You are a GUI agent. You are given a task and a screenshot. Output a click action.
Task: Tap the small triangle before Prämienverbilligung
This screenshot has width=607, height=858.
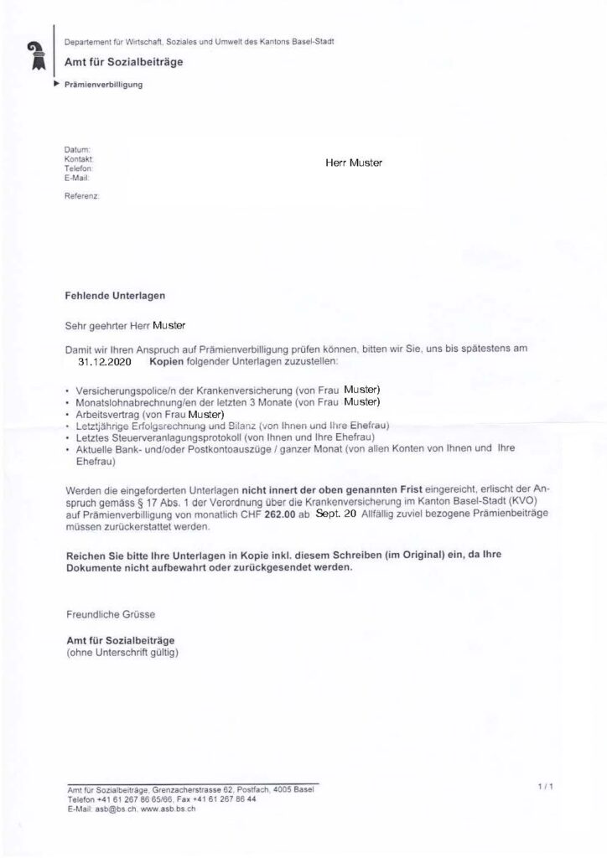(56, 85)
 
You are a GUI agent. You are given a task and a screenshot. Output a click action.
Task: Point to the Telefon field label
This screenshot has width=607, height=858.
(77, 168)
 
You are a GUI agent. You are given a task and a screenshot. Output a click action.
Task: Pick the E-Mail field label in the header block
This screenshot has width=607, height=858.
(76, 178)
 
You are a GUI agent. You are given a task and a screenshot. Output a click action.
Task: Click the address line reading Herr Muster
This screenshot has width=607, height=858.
(353, 163)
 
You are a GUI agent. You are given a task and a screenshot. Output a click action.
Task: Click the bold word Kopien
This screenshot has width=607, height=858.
(169, 362)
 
